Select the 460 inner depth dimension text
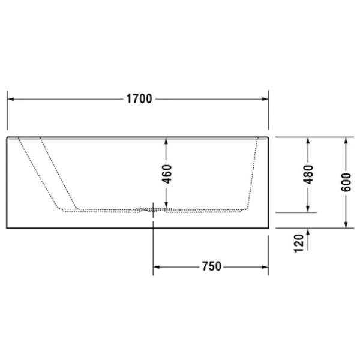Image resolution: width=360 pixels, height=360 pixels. click(167, 174)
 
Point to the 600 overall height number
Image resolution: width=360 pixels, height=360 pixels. click(346, 180)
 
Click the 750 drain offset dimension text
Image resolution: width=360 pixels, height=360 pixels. click(210, 266)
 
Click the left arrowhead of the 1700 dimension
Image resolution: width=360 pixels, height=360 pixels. click(10, 99)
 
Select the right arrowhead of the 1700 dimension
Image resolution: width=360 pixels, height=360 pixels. click(264, 99)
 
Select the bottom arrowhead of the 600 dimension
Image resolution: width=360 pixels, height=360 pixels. click(346, 224)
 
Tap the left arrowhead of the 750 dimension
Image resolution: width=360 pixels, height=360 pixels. click(158, 266)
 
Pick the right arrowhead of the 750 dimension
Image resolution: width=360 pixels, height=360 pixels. click(264, 266)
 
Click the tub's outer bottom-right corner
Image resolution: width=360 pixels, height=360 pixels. click(268, 229)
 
